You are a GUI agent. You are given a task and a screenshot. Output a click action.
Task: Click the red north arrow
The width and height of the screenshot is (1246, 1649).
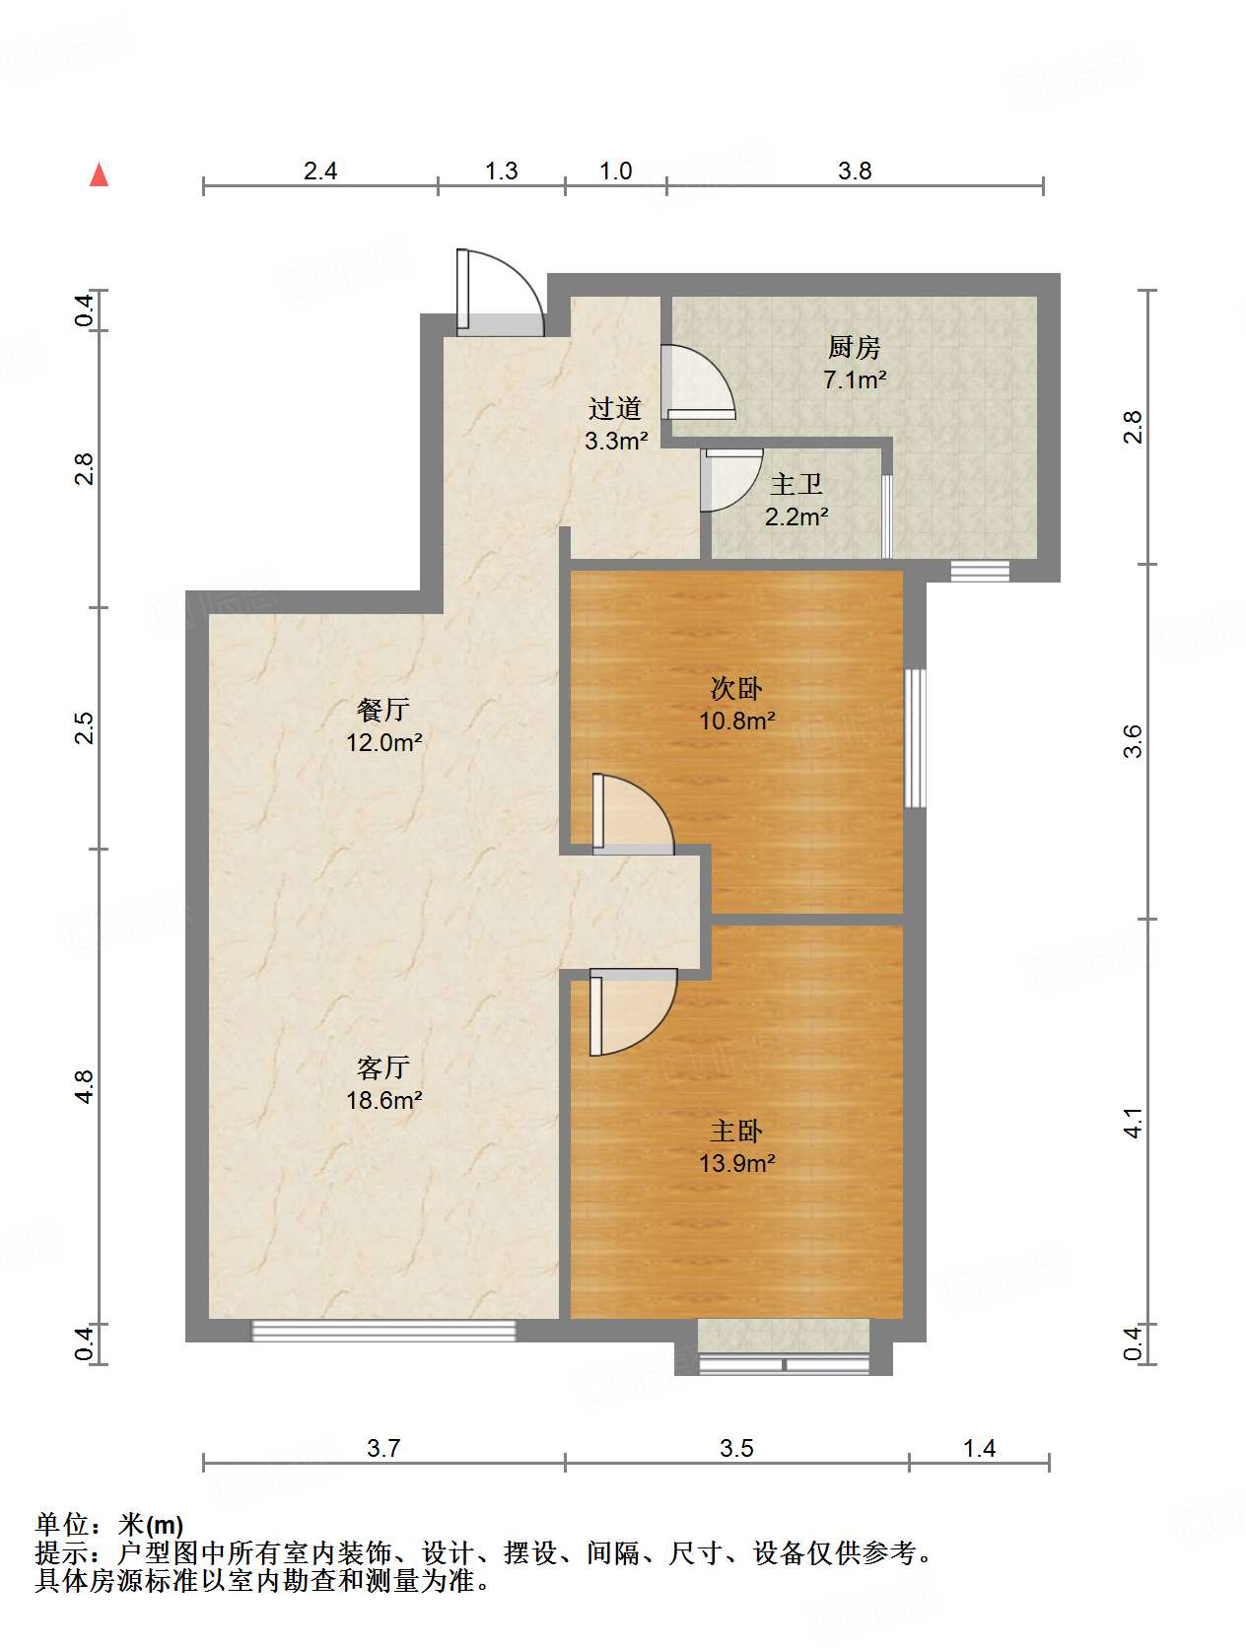tap(99, 175)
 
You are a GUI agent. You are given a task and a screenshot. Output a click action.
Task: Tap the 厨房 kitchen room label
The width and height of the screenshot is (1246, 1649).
tap(854, 347)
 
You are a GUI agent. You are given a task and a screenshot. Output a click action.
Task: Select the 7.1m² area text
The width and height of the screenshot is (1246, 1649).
tap(855, 379)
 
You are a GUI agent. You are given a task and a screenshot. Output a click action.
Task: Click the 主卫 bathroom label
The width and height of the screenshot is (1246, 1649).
tap(796, 484)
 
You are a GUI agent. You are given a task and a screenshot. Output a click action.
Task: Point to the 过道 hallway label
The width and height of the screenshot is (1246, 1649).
tap(615, 408)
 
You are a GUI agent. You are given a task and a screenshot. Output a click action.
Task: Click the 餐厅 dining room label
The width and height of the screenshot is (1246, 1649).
tap(383, 710)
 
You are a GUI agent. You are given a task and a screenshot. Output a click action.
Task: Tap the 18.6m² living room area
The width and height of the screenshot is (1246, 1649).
tap(383, 1100)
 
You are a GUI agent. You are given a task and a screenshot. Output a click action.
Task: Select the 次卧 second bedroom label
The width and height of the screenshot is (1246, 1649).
tap(736, 688)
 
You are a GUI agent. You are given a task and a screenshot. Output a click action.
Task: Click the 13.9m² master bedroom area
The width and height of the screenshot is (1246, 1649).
tap(736, 1163)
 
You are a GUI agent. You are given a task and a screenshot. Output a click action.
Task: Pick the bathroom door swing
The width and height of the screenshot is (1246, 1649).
tap(729, 479)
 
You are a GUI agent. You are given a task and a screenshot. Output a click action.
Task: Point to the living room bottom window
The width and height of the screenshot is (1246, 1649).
tap(383, 1332)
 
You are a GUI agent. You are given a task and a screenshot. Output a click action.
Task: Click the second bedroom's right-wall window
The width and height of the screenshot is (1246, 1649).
tap(916, 738)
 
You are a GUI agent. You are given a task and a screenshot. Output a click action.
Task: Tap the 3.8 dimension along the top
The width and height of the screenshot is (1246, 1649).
tap(855, 171)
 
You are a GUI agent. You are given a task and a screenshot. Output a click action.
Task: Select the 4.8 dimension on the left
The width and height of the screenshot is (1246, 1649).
tap(84, 1086)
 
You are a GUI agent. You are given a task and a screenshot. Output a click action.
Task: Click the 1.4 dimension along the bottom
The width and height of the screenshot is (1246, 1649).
tap(979, 1448)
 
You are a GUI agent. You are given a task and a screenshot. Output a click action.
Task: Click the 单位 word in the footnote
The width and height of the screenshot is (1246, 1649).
tap(61, 1525)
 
